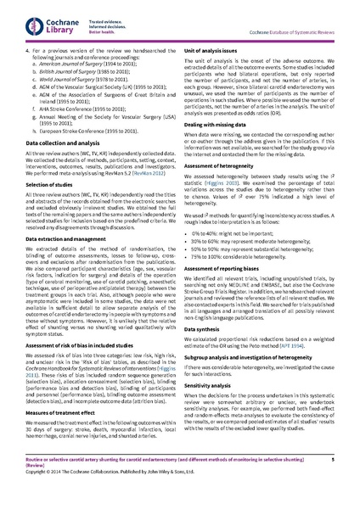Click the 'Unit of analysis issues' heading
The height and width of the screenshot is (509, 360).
tap(213, 53)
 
